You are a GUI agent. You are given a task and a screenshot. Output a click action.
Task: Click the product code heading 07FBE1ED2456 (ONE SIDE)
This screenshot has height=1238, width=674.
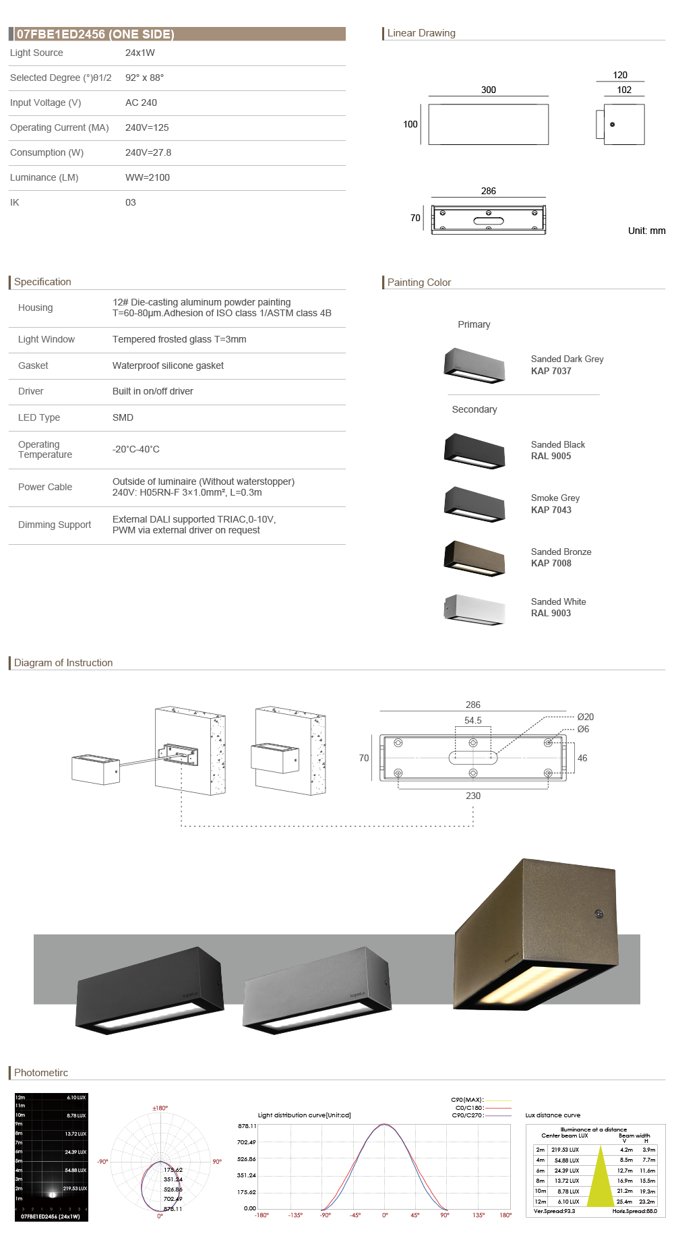pos(95,34)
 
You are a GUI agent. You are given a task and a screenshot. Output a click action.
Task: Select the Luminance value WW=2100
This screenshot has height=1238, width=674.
pos(148,177)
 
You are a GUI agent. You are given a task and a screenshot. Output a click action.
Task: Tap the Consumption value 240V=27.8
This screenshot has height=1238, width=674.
pos(148,152)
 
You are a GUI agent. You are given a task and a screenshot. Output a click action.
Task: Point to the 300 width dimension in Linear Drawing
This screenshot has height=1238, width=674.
pos(489,90)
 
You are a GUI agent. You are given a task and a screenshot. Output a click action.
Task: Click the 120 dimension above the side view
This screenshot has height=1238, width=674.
pos(620,75)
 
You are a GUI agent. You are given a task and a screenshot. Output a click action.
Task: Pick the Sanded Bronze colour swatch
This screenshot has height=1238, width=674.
pos(474,558)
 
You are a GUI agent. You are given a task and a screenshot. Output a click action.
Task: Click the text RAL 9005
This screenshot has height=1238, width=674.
pos(551,456)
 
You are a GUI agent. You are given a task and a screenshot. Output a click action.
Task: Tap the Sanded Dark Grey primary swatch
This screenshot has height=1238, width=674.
pos(474,365)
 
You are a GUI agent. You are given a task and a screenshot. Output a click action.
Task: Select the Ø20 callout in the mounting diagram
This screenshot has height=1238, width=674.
pos(585,717)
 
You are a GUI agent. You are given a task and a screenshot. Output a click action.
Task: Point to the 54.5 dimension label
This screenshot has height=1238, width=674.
pos(473,720)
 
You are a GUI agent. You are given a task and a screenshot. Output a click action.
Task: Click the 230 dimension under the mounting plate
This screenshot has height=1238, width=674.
pos(473,796)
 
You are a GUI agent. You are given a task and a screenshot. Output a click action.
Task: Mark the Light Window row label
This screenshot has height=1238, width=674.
pos(47,339)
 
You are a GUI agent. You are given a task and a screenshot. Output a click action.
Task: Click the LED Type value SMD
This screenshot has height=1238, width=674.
pos(123,417)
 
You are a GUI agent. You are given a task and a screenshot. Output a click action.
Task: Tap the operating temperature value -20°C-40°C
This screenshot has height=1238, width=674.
pos(136,449)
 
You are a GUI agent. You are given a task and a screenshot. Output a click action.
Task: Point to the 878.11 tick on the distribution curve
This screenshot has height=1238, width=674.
pos(247,1126)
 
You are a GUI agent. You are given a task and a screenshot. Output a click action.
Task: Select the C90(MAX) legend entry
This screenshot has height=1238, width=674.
pos(467,1100)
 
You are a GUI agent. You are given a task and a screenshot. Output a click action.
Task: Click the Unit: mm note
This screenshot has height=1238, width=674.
pos(646,231)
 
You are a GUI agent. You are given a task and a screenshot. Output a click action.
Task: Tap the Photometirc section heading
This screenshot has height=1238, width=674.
pos(41,1072)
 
